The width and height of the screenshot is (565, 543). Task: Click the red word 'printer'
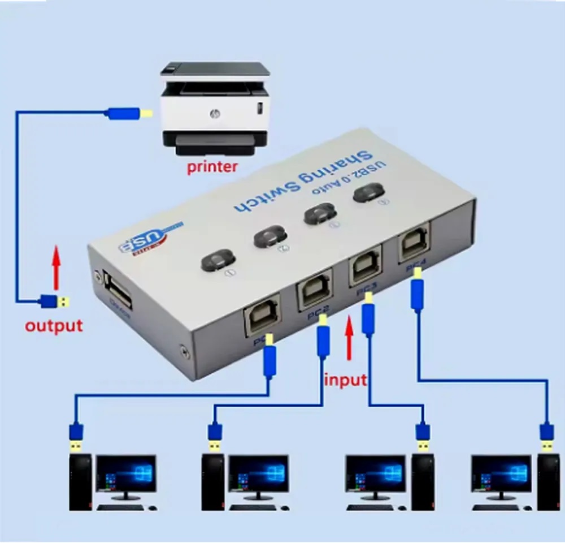point(212,167)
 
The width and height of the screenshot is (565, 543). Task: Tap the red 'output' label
point(54,326)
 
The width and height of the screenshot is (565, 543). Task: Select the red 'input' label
point(345,380)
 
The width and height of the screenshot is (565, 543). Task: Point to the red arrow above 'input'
point(349,338)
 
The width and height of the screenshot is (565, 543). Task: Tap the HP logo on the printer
point(214,114)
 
